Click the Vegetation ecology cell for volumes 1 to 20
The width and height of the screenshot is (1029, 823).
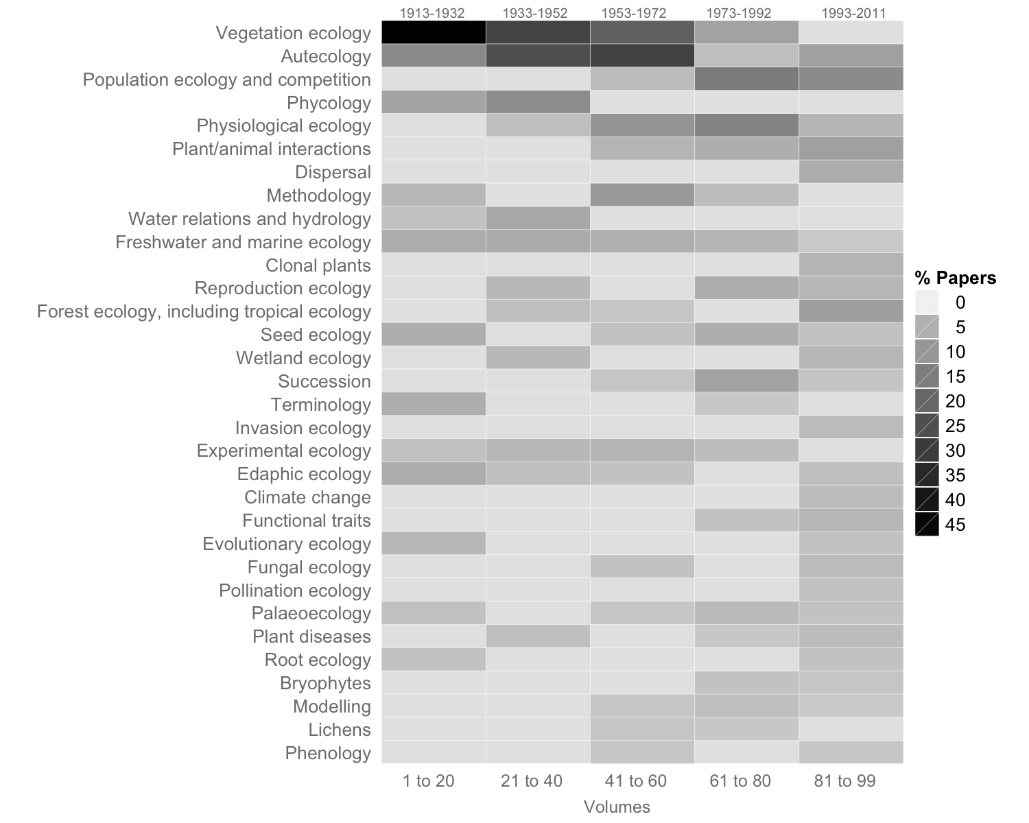click(433, 33)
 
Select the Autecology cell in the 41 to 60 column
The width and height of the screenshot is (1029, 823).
click(642, 56)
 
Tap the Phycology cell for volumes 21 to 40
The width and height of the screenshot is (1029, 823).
click(538, 103)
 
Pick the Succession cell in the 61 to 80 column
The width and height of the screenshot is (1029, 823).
click(746, 381)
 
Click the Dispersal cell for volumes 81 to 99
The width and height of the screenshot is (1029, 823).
click(851, 172)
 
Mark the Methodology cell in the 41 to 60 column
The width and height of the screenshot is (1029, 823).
click(642, 195)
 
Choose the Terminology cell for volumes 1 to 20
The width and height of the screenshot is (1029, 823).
click(433, 405)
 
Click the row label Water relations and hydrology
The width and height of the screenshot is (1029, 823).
click(249, 219)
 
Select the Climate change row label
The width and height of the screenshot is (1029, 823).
click(307, 497)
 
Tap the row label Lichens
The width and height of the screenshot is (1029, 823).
click(339, 730)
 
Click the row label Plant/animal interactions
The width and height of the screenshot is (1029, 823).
click(271, 149)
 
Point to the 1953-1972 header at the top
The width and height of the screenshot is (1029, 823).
click(633, 13)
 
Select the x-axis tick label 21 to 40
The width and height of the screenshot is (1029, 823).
click(532, 780)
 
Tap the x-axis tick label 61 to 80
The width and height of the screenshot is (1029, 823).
click(740, 780)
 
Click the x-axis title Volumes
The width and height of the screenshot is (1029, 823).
click(617, 807)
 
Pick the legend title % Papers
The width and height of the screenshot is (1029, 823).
click(955, 278)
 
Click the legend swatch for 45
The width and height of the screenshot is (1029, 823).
click(927, 525)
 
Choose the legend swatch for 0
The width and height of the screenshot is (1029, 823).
click(927, 302)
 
